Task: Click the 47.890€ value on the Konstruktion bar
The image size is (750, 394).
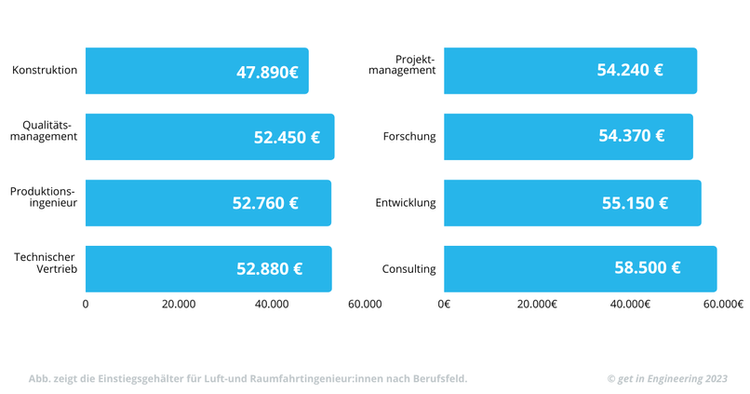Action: (x=267, y=72)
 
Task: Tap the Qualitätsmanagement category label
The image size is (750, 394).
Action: (x=44, y=130)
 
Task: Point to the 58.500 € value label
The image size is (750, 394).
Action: (x=647, y=268)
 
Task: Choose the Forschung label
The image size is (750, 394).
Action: (x=408, y=137)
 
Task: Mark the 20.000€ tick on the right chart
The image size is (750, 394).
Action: (x=537, y=305)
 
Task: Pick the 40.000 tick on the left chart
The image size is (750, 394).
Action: (x=271, y=305)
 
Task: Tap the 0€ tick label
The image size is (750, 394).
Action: (x=444, y=305)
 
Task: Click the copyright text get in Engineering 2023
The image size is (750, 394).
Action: (x=666, y=379)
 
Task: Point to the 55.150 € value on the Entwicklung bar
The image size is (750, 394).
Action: (x=635, y=203)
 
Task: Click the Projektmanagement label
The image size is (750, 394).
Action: (x=402, y=64)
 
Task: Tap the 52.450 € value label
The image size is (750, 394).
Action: (x=287, y=138)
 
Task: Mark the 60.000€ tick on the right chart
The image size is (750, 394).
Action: (x=723, y=305)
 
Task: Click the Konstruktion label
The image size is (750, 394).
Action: (x=45, y=71)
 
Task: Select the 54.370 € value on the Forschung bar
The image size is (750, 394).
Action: (x=631, y=136)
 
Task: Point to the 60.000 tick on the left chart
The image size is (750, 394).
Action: (x=364, y=305)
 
